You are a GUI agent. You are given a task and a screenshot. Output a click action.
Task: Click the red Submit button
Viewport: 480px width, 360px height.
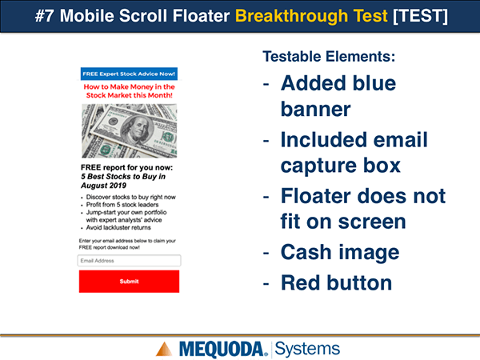[x=129, y=282]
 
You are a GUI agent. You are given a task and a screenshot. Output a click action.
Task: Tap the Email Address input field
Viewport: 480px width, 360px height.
[x=129, y=261]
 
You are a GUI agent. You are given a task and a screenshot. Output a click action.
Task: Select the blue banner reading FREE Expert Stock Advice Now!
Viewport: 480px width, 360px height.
[x=129, y=74]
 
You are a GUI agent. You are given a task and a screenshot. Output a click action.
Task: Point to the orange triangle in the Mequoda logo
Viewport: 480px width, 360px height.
[x=164, y=349]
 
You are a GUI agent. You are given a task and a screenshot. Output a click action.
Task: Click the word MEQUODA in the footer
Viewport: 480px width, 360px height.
[x=222, y=350]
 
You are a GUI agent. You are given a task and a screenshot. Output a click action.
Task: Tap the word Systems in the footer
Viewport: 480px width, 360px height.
[x=307, y=349]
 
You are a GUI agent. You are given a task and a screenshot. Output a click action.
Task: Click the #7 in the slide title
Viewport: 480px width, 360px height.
[x=45, y=16]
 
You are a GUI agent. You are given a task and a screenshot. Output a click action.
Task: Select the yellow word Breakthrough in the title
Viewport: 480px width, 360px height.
[x=291, y=16]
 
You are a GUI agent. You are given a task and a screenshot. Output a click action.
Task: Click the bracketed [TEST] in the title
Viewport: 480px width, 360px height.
[x=420, y=16]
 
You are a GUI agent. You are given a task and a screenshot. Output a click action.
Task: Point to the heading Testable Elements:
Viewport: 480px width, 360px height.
[x=329, y=57]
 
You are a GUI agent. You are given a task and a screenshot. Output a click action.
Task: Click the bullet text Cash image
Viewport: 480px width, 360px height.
[x=340, y=252]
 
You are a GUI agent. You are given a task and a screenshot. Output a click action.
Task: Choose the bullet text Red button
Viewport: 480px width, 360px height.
[x=337, y=282]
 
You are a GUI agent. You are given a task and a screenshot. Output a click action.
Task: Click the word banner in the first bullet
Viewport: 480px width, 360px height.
[x=316, y=110]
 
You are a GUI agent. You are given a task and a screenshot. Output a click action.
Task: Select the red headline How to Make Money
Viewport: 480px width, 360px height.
[x=129, y=91]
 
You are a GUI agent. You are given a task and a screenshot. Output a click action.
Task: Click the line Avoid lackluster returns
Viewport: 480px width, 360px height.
[x=118, y=227]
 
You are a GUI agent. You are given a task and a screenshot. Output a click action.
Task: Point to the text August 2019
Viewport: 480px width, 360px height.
[x=103, y=186]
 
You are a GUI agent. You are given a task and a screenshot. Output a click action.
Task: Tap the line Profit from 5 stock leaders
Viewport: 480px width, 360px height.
[x=122, y=205]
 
